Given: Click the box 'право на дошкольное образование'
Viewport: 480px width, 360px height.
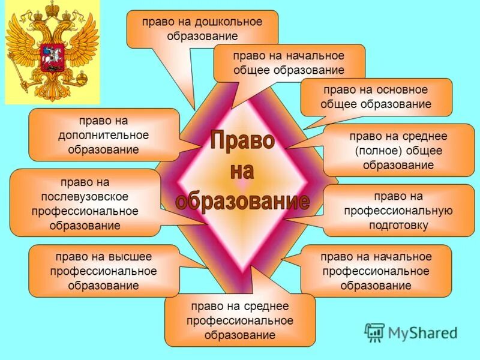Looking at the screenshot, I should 202,29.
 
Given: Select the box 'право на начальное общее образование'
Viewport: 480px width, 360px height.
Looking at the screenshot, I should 289,62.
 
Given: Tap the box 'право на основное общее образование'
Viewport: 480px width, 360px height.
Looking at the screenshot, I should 376,97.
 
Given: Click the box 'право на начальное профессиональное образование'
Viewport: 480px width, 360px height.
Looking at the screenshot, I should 376,271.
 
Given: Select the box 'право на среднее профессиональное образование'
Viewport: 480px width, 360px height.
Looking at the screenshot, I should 240,320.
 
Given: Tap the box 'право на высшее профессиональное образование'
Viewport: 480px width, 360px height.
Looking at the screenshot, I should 104,271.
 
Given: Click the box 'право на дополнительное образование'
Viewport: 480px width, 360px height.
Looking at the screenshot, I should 104,134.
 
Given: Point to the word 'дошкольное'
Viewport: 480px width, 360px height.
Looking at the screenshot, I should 230,22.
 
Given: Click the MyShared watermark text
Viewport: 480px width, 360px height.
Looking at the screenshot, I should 422,332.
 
